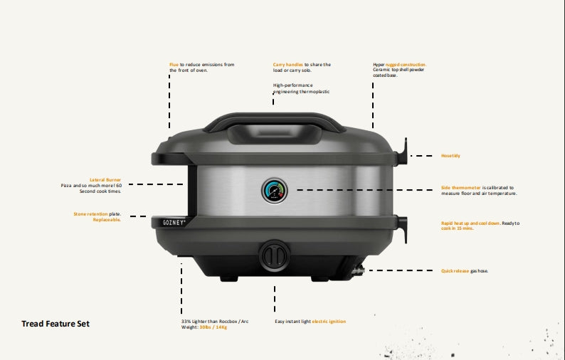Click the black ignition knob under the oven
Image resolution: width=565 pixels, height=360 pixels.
point(273,253)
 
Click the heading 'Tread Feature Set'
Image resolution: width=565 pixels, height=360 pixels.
point(56,324)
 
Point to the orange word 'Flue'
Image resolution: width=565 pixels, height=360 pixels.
point(174,65)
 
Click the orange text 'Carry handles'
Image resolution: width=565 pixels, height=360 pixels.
point(288,65)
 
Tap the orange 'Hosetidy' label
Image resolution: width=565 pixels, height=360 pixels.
point(450,155)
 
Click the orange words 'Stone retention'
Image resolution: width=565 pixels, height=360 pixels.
point(89,213)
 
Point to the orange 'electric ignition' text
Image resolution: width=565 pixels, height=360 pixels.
point(329,322)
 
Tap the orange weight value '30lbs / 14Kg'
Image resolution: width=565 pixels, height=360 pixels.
point(213,327)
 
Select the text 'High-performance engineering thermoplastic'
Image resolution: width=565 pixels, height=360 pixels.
point(301,88)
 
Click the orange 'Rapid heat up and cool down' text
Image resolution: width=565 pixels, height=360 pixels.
point(470,223)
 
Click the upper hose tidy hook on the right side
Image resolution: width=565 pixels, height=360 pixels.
point(405,150)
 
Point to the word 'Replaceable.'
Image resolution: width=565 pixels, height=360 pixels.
point(107,220)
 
